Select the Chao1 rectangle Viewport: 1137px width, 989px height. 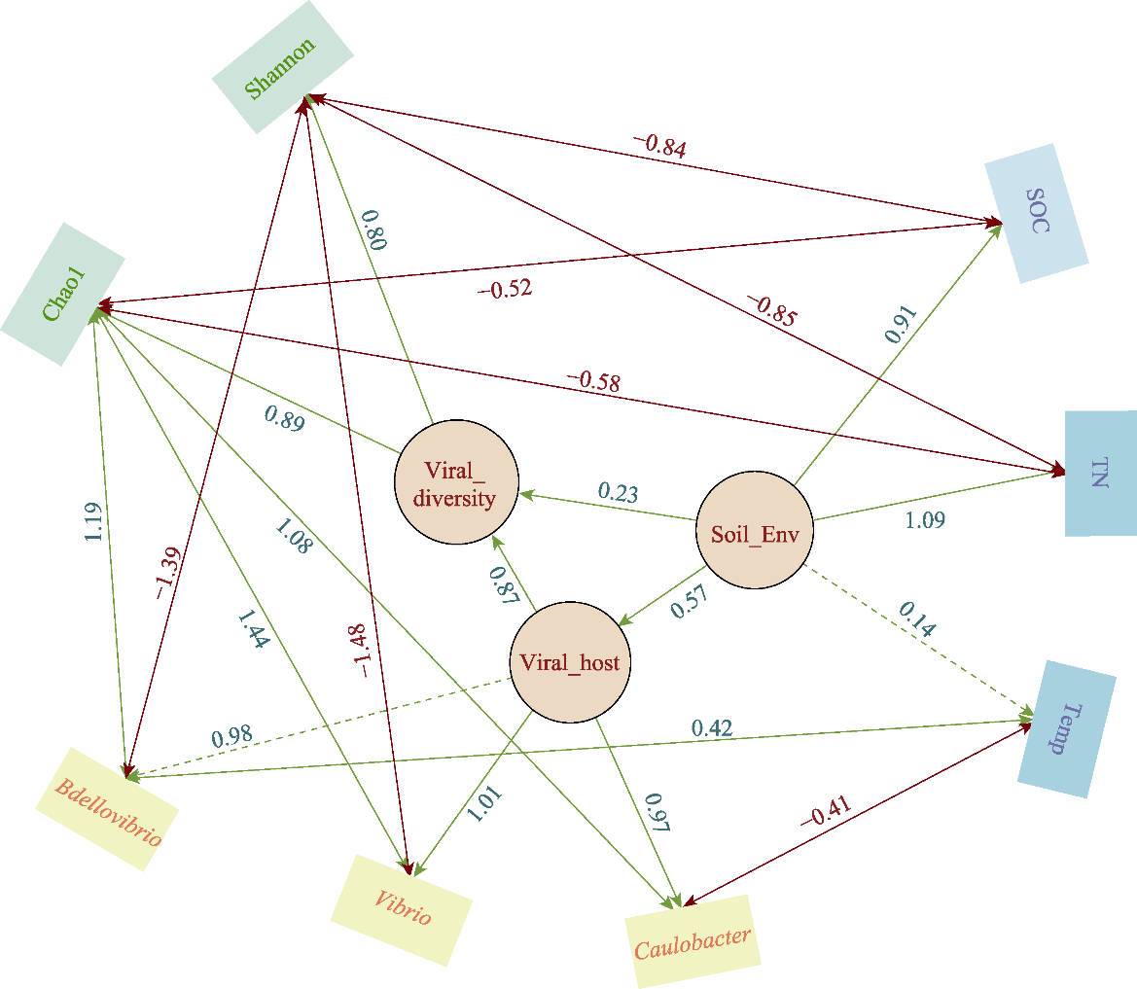[x=63, y=294]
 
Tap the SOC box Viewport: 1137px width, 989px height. [x=1037, y=214]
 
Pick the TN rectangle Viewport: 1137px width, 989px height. [x=1100, y=474]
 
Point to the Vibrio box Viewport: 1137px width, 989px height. [x=402, y=910]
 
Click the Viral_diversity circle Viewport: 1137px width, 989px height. [x=456, y=484]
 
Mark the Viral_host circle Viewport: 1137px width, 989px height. [x=570, y=664]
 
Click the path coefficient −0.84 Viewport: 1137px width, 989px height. [x=660, y=146]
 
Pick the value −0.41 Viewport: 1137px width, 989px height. [x=826, y=810]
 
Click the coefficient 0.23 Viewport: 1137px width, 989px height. [x=618, y=492]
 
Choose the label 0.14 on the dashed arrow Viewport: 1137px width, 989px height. [x=916, y=619]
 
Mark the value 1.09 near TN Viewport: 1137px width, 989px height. [x=925, y=520]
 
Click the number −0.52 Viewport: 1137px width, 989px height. [x=505, y=289]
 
